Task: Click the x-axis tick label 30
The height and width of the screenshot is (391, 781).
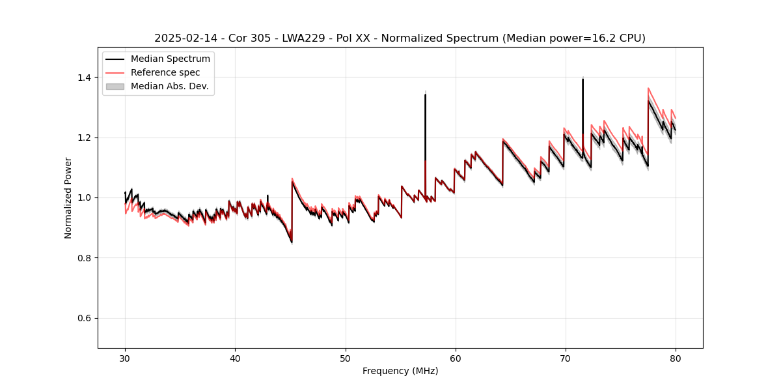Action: tap(125, 358)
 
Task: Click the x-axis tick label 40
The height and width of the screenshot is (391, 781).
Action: tap(235, 358)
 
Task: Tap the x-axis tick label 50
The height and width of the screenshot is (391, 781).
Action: tap(346, 358)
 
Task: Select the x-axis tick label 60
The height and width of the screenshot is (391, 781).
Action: tap(456, 358)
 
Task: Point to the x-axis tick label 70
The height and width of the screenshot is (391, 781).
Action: tap(566, 358)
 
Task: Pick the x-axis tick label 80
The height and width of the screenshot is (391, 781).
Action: tap(676, 358)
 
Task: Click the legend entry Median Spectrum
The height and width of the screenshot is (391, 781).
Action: tap(170, 59)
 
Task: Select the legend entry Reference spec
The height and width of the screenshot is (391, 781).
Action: tap(165, 72)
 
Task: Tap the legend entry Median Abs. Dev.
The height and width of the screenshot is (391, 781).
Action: tap(169, 86)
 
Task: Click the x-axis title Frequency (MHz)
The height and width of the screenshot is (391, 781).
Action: tap(400, 371)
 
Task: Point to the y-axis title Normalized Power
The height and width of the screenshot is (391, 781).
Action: tap(68, 197)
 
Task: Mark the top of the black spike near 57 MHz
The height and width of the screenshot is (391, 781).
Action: tap(425, 94)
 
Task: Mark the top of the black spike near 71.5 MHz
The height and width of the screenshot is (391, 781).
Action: tap(582, 79)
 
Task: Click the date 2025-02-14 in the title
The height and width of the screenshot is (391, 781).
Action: tap(184, 38)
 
